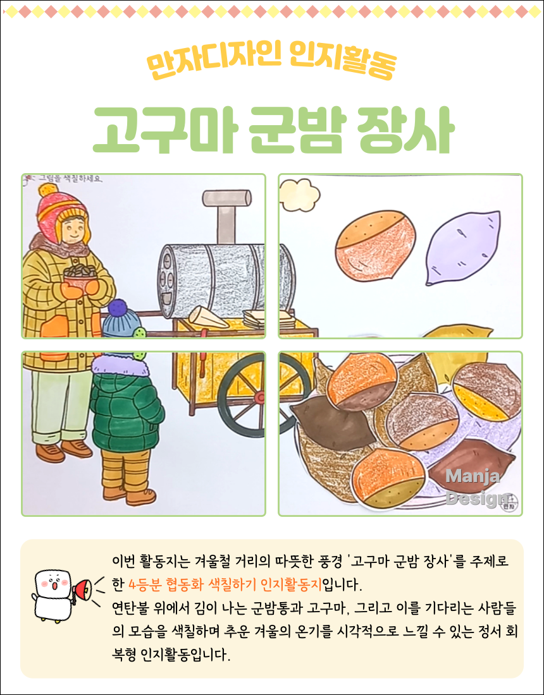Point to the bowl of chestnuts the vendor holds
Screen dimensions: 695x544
click(x=79, y=278)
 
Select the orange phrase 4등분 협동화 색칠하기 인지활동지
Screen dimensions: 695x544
click(x=225, y=583)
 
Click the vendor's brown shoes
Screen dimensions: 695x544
click(x=63, y=450)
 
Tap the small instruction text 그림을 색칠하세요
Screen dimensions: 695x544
click(x=70, y=179)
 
